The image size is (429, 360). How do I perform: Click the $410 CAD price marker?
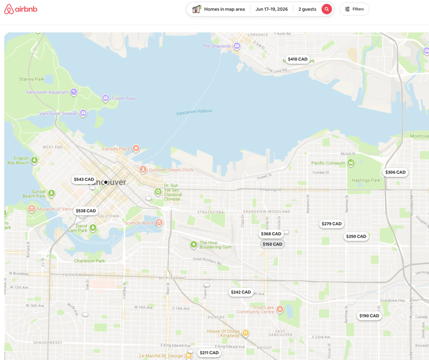tap(297, 59)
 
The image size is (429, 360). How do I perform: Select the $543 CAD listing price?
tap(84, 179)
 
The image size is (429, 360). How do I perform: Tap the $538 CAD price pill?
tap(86, 211)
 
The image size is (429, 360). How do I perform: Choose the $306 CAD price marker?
tap(395, 172)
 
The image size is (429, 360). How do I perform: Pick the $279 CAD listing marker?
tap(332, 224)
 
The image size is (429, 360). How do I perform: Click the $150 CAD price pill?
tap(272, 244)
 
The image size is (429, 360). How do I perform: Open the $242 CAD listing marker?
tap(241, 292)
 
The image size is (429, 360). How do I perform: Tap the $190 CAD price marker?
tap(369, 316)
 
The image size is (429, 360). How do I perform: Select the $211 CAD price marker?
tap(209, 353)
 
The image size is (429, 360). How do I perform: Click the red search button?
tap(327, 9)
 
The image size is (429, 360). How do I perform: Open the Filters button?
tap(354, 9)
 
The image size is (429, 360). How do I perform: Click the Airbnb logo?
tap(21, 9)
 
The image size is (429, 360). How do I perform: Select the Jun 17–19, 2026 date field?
tap(271, 9)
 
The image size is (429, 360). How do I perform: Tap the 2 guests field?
tap(307, 9)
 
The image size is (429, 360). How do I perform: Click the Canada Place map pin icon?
tap(136, 148)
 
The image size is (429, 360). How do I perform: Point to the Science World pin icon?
tap(159, 223)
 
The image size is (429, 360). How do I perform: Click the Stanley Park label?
tap(31, 79)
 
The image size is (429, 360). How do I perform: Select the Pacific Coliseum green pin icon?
tap(351, 162)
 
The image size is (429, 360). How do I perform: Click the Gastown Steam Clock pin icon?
tap(143, 169)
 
